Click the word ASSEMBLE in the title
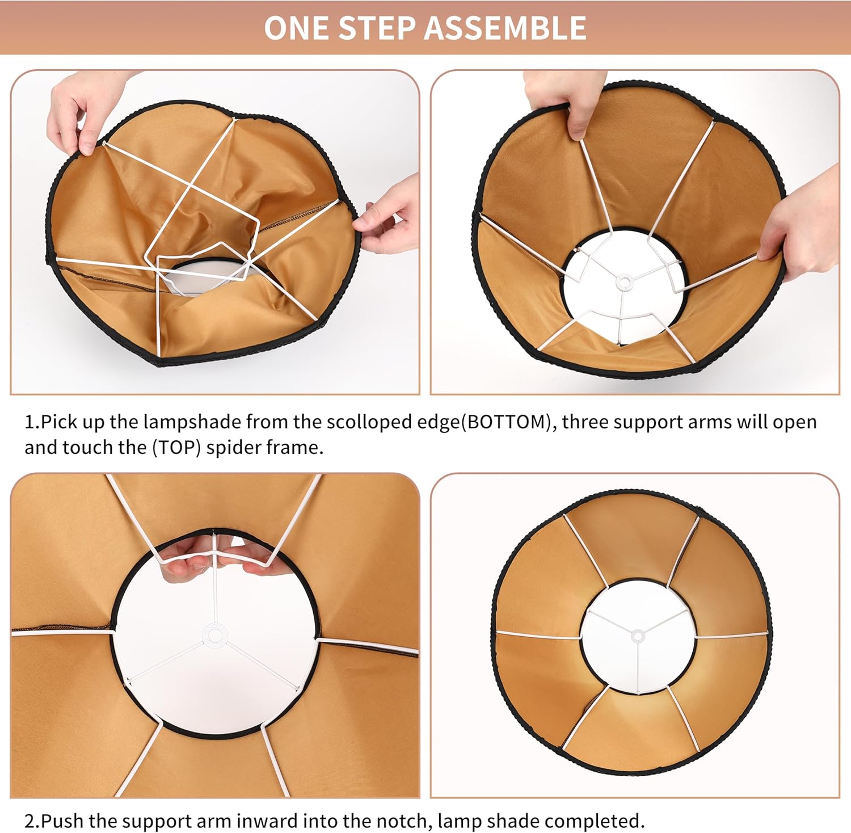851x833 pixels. click(506, 28)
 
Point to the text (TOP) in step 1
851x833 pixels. click(176, 448)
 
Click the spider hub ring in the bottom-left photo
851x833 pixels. click(214, 636)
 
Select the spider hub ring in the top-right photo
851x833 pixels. click(623, 281)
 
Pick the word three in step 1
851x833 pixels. click(585, 423)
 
